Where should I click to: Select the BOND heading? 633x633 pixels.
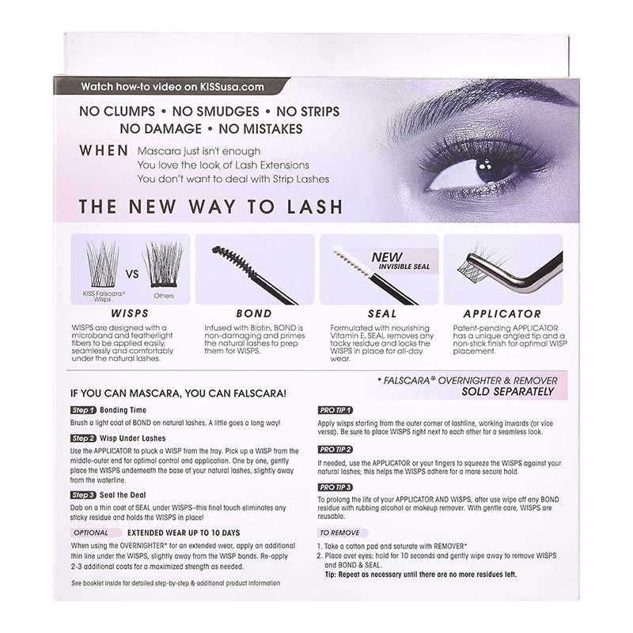coord(242,313)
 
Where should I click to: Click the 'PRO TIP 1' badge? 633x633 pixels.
coord(335,411)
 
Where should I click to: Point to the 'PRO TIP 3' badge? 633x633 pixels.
coord(335,486)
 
